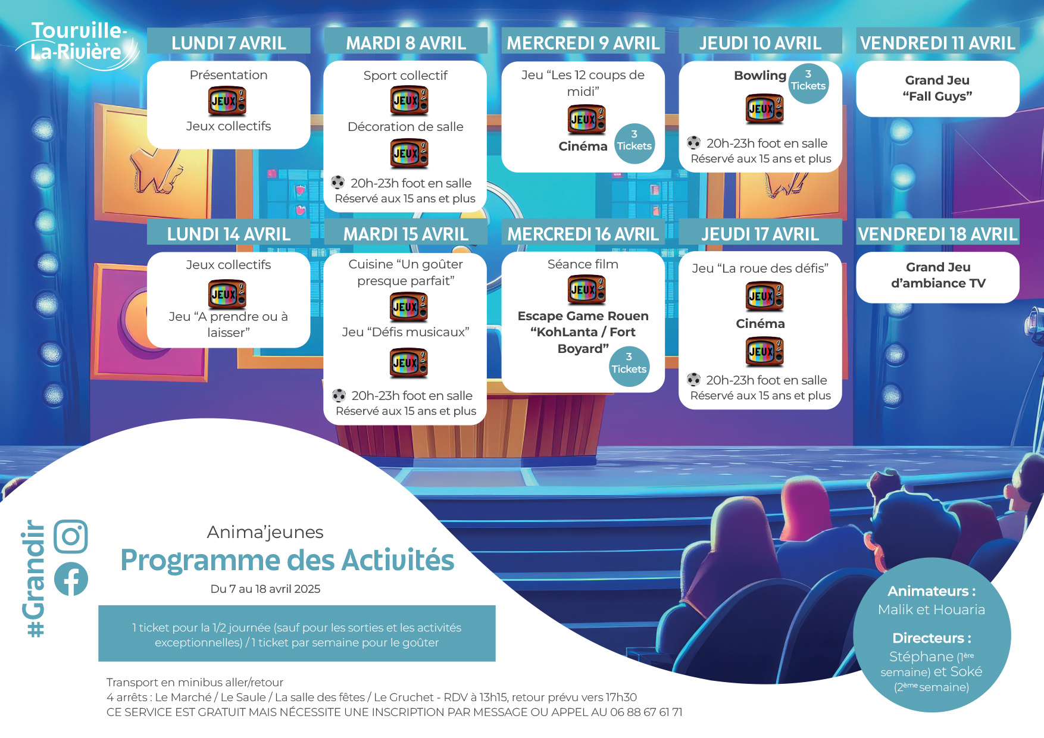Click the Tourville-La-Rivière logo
point(78,45)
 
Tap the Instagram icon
point(71,536)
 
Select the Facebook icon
point(71,578)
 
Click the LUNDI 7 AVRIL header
point(229,43)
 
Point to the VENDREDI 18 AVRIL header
point(937,234)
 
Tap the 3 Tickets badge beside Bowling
point(808,83)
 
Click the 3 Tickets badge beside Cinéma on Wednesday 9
point(634,143)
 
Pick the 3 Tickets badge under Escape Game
point(629,366)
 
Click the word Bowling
point(760,76)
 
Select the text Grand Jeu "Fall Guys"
point(937,88)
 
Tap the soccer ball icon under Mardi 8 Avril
point(337,182)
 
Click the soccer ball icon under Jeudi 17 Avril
point(693,379)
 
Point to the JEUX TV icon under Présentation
point(227,101)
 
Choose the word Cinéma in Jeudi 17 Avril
point(760,324)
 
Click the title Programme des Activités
point(287,560)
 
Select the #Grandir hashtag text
point(33,578)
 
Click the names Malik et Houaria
point(932,609)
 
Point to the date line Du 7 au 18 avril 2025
point(265,589)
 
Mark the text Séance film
point(583,264)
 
